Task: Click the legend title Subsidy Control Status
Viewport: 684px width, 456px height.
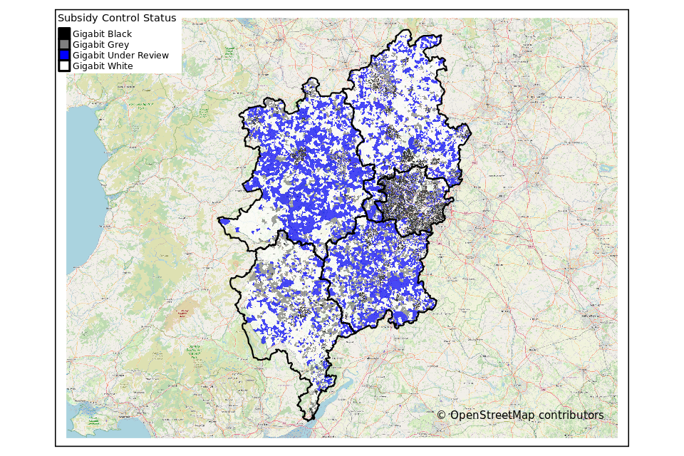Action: pos(117,18)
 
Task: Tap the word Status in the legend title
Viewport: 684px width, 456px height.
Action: pos(160,18)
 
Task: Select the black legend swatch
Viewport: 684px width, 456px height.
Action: pos(64,33)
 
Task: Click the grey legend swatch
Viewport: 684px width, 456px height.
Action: pos(64,44)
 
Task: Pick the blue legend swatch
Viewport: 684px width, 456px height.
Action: pos(64,55)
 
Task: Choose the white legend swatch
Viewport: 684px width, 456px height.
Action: pos(64,66)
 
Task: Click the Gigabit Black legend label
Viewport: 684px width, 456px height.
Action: pos(102,33)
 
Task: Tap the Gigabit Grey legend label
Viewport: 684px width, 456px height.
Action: pos(100,44)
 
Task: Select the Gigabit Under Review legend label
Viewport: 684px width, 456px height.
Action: pos(120,55)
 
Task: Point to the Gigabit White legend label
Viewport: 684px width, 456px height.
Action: pos(103,66)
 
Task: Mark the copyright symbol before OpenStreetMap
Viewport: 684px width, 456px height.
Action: pos(441,415)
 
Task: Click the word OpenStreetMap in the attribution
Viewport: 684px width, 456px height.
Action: pos(492,415)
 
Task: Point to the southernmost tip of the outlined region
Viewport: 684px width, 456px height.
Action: pos(309,420)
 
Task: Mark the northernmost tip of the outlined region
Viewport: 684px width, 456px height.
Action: pos(406,31)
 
